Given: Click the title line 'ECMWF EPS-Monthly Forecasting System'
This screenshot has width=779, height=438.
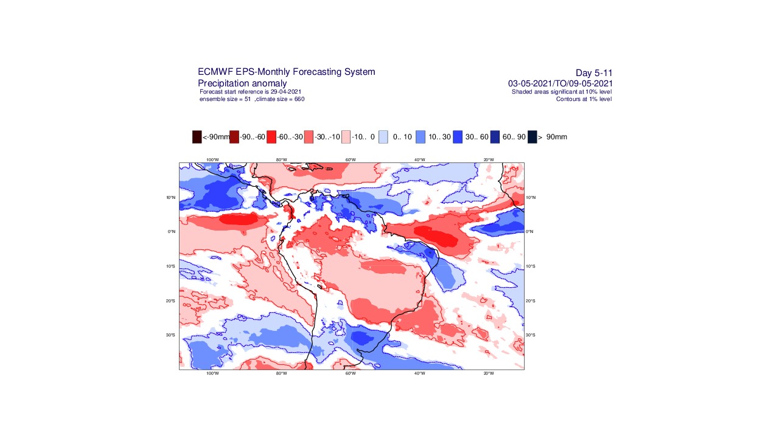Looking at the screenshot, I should pos(286,72).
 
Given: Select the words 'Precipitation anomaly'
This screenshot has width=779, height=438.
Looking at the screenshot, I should pos(242,83).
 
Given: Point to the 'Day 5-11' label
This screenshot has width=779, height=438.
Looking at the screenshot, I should pos(593,73).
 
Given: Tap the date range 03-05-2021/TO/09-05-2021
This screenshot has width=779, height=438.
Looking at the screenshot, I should pos(560,83).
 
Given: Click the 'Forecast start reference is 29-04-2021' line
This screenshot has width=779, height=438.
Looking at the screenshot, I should pos(250,92).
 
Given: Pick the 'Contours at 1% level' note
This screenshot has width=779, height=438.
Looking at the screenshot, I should pos(584,99).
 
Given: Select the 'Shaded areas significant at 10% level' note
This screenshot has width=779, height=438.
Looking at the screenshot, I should pos(561,92).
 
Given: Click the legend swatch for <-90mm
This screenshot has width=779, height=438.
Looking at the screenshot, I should pos(197,137).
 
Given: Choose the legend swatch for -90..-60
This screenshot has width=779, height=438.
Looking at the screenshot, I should pos(234,137).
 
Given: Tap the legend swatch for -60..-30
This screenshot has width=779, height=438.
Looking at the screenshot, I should pos(271,137).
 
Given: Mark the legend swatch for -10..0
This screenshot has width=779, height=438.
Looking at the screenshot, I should pos(346,137).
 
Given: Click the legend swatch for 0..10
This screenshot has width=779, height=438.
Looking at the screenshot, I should pos(383,137).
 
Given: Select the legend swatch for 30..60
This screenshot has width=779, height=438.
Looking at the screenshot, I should pos(458,137).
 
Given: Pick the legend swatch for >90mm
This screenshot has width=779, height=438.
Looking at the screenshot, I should pos(532,137).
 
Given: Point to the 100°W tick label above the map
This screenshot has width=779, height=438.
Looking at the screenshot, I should pos(212,160).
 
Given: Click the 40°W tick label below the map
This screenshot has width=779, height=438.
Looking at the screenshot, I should pos(419,373).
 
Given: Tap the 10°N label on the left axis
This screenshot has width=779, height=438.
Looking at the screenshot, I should pos(170,198).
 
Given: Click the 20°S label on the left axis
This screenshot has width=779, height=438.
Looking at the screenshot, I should pos(170,301).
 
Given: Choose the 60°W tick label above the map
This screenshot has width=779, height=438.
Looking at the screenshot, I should pos(351,160).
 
